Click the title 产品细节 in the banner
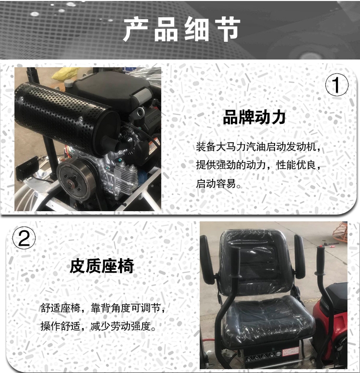pos(182,29)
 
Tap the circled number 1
pos(336,85)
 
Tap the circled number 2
pos(24,238)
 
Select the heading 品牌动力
pos(254,117)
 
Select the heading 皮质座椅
pos(102,266)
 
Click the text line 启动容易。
pos(219,184)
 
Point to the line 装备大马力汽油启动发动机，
pos(259,147)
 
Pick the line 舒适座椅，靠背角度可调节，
pos(103,308)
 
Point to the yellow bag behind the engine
pos(65,73)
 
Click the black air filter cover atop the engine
pos(109,90)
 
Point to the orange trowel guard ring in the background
pos(337,232)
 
